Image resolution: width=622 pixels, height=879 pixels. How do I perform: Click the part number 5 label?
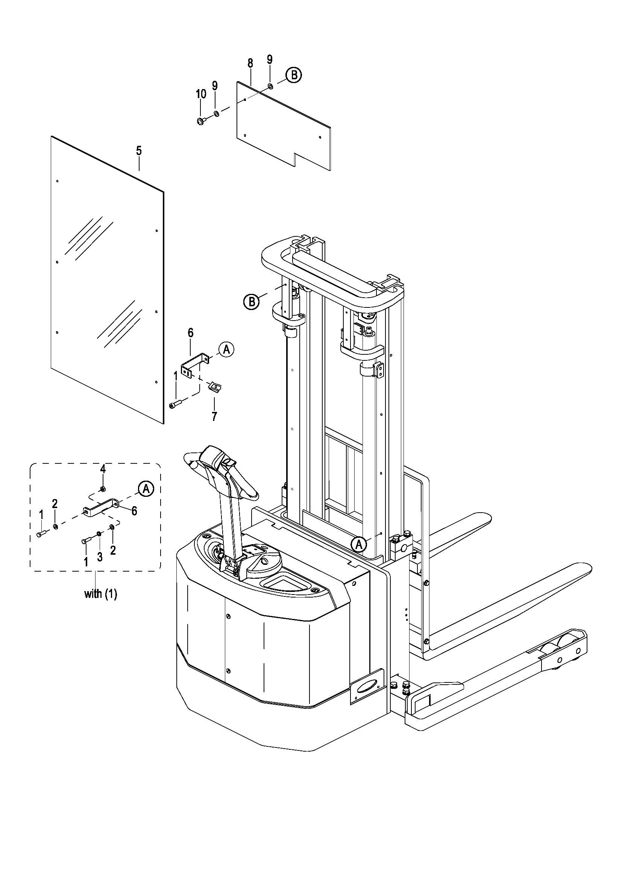[x=139, y=151]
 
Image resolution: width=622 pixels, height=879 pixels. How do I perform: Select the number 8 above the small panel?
[x=250, y=63]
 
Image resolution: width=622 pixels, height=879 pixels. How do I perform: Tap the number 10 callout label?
[x=201, y=94]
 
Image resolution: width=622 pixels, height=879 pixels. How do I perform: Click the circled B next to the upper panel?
[x=294, y=75]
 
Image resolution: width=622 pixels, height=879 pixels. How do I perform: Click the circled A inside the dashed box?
[x=146, y=488]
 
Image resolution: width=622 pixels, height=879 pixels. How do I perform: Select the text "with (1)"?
[x=101, y=594]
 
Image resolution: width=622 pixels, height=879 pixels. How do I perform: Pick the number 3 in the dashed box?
[x=100, y=557]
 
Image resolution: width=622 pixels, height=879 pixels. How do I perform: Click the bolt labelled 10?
[x=201, y=121]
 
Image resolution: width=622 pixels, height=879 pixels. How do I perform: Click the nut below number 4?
[x=103, y=489]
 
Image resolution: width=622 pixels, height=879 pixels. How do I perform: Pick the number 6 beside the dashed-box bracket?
[x=134, y=511]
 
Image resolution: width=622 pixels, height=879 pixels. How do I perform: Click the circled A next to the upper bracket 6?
[x=226, y=349]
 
